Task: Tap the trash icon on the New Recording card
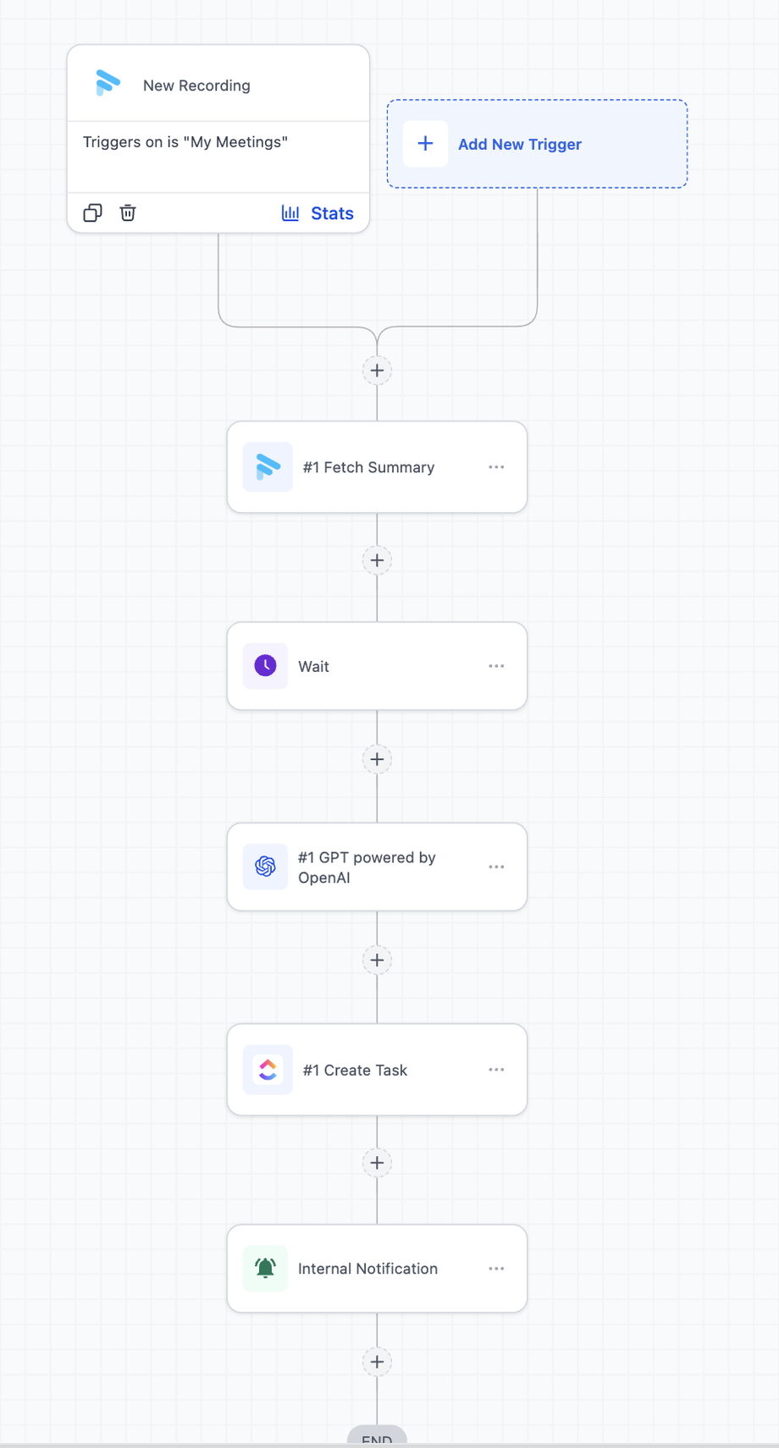pos(128,212)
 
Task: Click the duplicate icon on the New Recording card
pos(92,212)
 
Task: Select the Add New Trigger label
pos(520,144)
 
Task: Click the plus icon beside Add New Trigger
pos(425,144)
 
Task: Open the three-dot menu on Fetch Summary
pos(496,466)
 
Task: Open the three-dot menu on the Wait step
pos(496,666)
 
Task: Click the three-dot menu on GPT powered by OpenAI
pos(496,867)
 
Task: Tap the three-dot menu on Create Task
pos(496,1070)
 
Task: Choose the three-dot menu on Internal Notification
pos(496,1269)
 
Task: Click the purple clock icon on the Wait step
pos(265,666)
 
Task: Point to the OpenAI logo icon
pos(265,867)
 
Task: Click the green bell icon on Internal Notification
pos(265,1269)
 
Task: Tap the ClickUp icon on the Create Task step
pos(268,1069)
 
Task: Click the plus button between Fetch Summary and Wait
pos(377,560)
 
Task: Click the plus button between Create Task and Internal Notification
pos(377,1163)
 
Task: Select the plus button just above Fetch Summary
pos(377,371)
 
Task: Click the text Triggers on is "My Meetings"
pos(185,142)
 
